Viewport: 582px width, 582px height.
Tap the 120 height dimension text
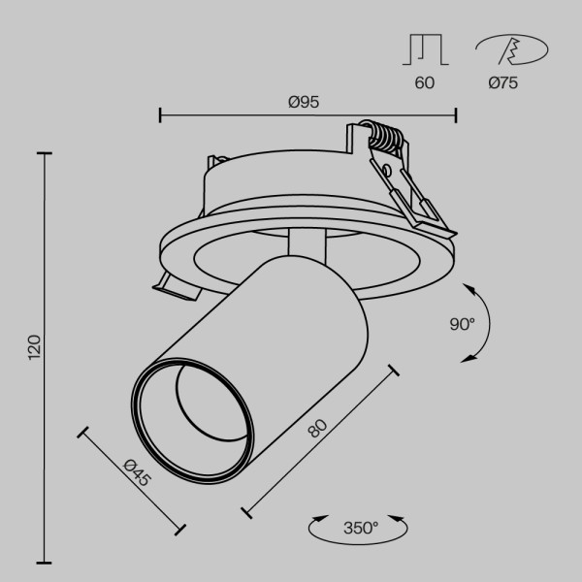pyautogui.click(x=34, y=347)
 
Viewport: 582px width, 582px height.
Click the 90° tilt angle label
pyautogui.click(x=462, y=324)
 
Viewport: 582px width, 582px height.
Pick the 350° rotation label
pyautogui.click(x=360, y=529)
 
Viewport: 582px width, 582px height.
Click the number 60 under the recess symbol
pyautogui.click(x=424, y=83)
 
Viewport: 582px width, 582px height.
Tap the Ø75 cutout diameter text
pyautogui.click(x=502, y=83)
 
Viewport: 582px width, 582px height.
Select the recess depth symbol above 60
pyautogui.click(x=424, y=49)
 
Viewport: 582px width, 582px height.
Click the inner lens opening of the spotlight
pyautogui.click(x=199, y=403)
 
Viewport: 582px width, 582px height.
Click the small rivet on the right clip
pyautogui.click(x=386, y=171)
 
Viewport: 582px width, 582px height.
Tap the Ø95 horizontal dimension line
pyautogui.click(x=233, y=115)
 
